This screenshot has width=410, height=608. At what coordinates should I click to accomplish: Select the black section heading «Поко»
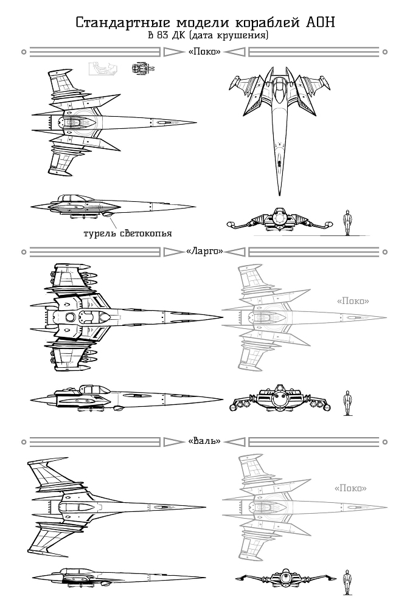pyautogui.click(x=204, y=52)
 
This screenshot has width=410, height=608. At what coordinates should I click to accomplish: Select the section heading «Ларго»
pyautogui.click(x=204, y=250)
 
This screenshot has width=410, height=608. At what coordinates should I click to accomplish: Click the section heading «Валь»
pyautogui.click(x=204, y=440)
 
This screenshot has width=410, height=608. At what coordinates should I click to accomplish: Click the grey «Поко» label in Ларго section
pyautogui.click(x=353, y=301)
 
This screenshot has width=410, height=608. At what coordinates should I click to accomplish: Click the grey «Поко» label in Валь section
pyautogui.click(x=350, y=488)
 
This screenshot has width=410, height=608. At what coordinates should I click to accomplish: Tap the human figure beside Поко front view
pyautogui.click(x=347, y=223)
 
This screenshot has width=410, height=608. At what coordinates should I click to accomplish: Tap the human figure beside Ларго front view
pyautogui.click(x=347, y=402)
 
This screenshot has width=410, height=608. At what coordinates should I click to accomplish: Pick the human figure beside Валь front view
pyautogui.click(x=347, y=581)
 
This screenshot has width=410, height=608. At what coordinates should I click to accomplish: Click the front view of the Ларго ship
pyautogui.click(x=280, y=401)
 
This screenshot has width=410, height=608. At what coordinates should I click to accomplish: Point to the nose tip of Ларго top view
pyautogui.click(x=221, y=317)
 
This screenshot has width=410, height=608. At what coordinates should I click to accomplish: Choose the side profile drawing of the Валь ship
pyautogui.click(x=109, y=578)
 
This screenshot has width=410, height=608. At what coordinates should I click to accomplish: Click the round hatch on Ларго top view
pyautogui.click(x=71, y=317)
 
